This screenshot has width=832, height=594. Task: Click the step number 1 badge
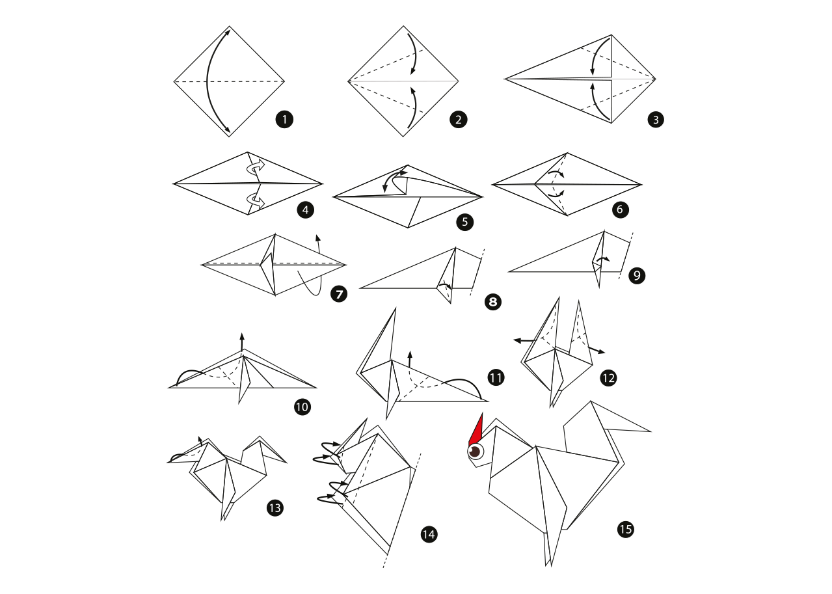284,120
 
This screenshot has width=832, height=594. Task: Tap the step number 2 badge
459,120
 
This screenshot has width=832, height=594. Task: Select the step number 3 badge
656,120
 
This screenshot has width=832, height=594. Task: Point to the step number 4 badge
305,210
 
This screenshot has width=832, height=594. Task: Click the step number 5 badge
464,222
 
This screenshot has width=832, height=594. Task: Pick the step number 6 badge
620,209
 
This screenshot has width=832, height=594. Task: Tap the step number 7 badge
339,294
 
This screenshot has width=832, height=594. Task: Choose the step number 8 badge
493,302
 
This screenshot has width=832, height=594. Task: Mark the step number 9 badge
637,276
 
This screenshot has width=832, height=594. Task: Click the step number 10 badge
302,407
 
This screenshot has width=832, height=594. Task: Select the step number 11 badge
496,378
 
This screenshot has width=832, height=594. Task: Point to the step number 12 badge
608,378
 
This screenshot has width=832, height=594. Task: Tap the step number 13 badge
275,508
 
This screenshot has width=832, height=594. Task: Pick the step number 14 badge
429,535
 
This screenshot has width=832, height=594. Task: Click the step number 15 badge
626,530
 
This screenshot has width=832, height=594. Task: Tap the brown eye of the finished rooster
475,452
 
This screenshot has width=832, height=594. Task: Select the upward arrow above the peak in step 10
242,342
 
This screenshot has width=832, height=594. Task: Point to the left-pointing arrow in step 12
525,340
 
